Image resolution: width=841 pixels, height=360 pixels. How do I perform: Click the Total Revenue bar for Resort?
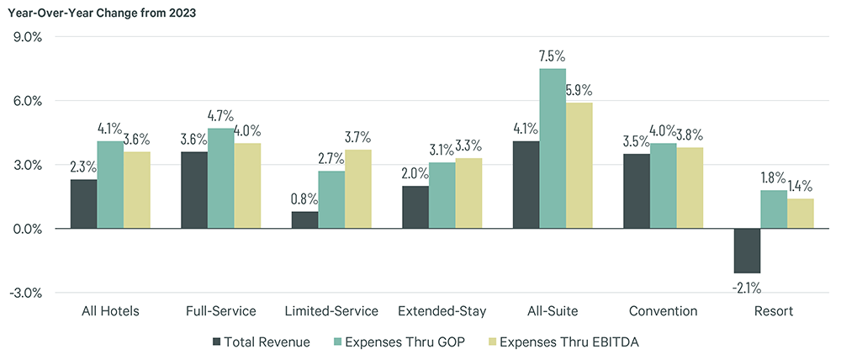747,251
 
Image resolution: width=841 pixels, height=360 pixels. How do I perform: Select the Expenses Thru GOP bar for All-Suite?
553,148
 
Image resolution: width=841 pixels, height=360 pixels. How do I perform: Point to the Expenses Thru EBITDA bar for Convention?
690,188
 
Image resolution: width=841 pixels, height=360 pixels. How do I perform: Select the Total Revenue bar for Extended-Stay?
415,207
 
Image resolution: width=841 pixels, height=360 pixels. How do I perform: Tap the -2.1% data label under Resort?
747,287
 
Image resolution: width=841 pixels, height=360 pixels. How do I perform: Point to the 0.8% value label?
305,200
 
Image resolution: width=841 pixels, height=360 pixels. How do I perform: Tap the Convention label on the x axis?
663,311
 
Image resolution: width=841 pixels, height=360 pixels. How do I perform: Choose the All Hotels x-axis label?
110,311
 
